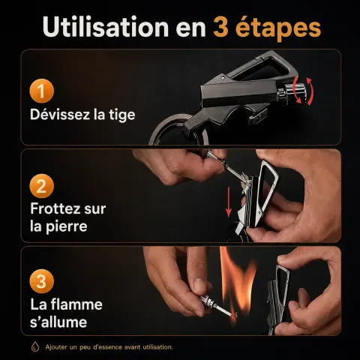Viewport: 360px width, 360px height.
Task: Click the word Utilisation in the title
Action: tap(106, 27)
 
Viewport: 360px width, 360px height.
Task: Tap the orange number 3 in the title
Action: tap(220, 28)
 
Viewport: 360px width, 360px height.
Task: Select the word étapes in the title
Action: tap(278, 28)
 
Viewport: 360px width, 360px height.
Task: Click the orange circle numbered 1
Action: tap(42, 91)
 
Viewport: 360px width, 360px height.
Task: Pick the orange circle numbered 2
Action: tap(42, 186)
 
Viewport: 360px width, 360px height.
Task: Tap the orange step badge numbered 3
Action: tap(42, 281)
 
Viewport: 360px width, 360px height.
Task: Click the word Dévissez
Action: tap(60, 115)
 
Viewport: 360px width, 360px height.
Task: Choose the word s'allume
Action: tap(58, 322)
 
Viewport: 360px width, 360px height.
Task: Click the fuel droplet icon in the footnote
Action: tap(35, 347)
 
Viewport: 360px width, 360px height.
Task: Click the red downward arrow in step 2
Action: tap(229, 202)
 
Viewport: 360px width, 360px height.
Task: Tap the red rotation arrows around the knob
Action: tap(303, 91)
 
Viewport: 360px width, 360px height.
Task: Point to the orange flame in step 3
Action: tap(237, 280)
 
